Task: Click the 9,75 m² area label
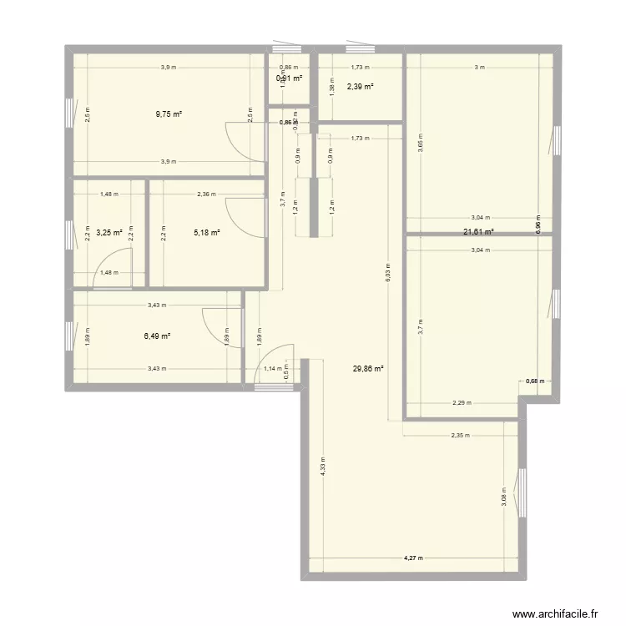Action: (x=169, y=114)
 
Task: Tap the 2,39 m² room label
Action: (x=360, y=86)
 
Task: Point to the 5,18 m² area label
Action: (x=206, y=233)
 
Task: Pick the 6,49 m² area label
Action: (x=157, y=336)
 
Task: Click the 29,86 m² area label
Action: (x=368, y=368)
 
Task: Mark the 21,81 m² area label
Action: (x=480, y=232)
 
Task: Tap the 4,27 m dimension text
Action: (x=414, y=558)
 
